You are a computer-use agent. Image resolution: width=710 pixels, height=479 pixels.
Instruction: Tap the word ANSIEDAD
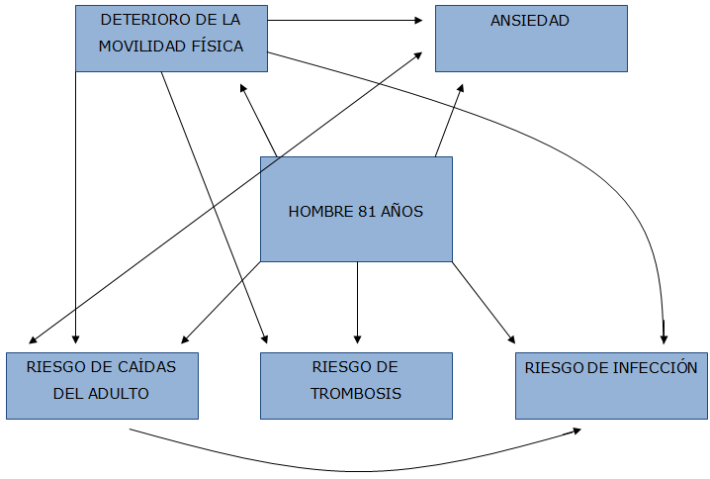(530, 21)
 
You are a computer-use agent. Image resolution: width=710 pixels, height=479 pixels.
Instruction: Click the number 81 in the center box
(367, 212)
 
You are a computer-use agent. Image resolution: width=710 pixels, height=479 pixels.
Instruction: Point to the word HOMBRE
(320, 212)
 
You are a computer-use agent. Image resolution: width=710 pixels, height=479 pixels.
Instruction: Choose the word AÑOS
(401, 211)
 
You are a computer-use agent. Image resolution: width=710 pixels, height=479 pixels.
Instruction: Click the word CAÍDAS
(146, 366)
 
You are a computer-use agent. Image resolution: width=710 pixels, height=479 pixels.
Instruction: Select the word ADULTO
(119, 393)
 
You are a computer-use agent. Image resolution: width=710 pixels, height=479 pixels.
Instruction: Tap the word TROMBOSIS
(356, 393)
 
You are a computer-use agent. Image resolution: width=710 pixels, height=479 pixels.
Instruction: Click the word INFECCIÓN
(655, 367)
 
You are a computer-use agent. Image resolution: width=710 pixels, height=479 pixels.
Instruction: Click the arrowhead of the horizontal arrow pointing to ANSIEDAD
(418, 20)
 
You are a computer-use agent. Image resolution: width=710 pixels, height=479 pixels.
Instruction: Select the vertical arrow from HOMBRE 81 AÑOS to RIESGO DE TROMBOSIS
(357, 302)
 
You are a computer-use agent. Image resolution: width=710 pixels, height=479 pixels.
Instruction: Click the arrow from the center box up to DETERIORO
(258, 120)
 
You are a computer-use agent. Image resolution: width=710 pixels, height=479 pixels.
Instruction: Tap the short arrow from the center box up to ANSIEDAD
(449, 120)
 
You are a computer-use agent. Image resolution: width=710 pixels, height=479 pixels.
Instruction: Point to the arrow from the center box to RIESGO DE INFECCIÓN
(484, 302)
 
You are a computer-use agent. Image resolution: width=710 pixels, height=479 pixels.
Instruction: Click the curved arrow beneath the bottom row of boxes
(355, 471)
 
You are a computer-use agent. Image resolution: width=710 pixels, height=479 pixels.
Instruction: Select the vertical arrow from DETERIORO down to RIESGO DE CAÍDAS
(75, 207)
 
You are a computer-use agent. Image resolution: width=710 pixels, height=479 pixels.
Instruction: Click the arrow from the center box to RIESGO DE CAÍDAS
(221, 302)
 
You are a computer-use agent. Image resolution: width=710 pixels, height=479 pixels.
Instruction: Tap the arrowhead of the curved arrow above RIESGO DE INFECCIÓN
(665, 339)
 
